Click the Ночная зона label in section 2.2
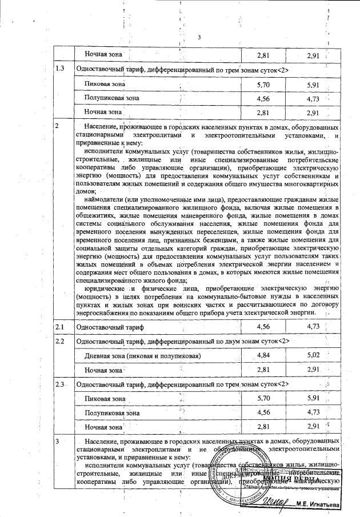[x=103, y=370]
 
